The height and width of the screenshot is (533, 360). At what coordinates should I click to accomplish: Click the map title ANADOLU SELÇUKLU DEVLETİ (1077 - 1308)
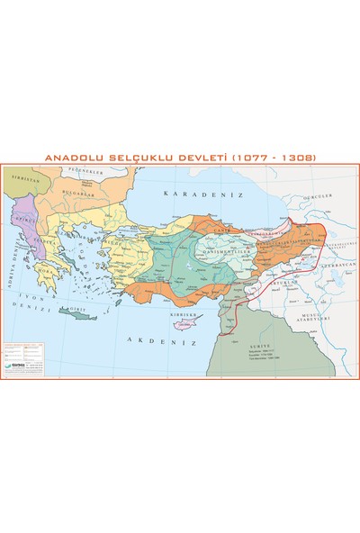180,157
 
